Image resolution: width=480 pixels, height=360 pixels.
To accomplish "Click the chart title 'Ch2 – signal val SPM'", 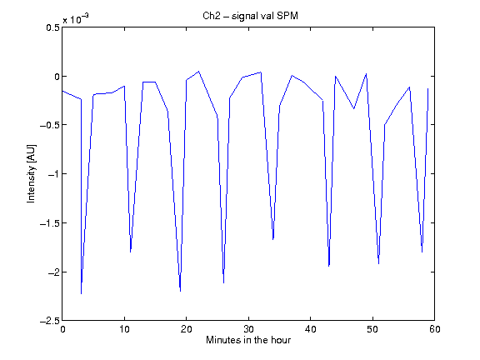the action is [250, 16].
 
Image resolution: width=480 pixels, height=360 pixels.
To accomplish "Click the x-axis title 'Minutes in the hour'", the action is [248, 340].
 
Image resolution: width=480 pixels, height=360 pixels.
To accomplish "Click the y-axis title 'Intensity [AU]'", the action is [31, 173].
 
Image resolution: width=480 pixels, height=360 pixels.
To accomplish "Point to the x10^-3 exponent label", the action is [76, 19].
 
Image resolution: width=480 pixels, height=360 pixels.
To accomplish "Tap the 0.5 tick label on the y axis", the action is [53, 27].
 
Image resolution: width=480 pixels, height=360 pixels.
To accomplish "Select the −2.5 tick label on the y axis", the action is [50, 321].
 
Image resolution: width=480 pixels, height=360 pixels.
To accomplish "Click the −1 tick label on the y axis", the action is [53, 174].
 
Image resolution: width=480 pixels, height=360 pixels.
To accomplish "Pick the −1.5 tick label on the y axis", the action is [50, 222].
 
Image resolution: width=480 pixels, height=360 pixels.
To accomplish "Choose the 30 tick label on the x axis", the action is [248, 329].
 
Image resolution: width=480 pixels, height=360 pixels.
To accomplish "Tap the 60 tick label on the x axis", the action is [434, 329].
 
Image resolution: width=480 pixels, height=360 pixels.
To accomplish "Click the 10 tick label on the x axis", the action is [124, 329].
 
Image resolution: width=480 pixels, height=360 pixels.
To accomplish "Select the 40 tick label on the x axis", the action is [310, 329].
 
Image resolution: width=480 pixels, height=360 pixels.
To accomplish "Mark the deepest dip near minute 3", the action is [81, 294].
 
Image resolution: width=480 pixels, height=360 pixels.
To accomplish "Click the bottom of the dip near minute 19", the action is [180, 291].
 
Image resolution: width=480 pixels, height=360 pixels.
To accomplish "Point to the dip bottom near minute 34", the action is [273, 239].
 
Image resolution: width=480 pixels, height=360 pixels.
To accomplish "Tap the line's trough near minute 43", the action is [329, 267].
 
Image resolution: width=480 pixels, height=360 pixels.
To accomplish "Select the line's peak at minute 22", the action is [198, 72].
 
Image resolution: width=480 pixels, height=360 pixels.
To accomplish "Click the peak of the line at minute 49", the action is [366, 74].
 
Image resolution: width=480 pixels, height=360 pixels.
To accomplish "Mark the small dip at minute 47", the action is [354, 108].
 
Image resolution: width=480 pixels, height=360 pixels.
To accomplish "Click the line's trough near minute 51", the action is [378, 264].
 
